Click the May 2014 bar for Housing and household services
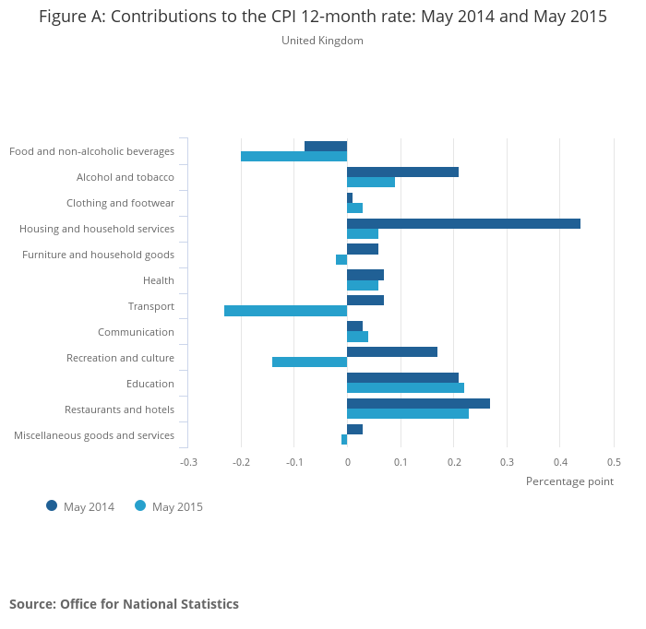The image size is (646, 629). coord(463,223)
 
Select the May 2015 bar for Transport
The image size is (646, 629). coord(285,311)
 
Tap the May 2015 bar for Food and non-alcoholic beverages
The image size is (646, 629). coord(293,156)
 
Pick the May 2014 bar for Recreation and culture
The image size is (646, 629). coord(391,352)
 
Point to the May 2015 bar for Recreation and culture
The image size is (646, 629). coord(309,362)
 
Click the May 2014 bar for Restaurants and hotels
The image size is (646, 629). coord(418,404)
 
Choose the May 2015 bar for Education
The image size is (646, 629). coord(405,388)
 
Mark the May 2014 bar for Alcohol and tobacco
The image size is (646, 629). coord(402,172)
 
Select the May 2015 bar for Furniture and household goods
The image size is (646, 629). coord(341,259)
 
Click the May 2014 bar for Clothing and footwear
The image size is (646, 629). coord(350,197)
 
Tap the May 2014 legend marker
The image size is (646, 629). coord(52,505)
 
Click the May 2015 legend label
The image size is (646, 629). coord(177,506)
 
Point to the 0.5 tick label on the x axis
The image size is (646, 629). coord(614,462)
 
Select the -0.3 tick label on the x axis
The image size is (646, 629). coord(188,462)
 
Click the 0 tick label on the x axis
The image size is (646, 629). coord(347,462)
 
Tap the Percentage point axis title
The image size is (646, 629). coord(569,481)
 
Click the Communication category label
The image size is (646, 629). coord(136,332)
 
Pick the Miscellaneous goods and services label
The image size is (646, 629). coord(94,435)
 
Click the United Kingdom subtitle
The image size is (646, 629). coord(322,41)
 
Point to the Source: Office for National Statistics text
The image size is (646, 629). coord(124,604)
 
